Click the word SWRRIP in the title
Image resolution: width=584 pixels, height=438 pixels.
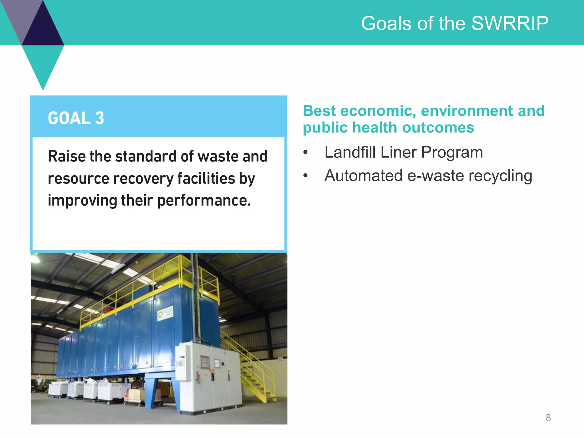point(510,23)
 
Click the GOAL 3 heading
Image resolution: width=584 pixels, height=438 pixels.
point(76,118)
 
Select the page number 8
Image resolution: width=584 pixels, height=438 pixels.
point(548,418)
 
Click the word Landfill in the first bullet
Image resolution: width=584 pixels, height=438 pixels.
point(350,152)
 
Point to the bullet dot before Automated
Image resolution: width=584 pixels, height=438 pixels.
point(306,175)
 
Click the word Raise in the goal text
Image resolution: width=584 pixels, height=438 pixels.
point(67,156)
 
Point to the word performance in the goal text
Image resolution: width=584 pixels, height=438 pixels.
point(204,201)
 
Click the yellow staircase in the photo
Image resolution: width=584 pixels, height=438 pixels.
point(254,376)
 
